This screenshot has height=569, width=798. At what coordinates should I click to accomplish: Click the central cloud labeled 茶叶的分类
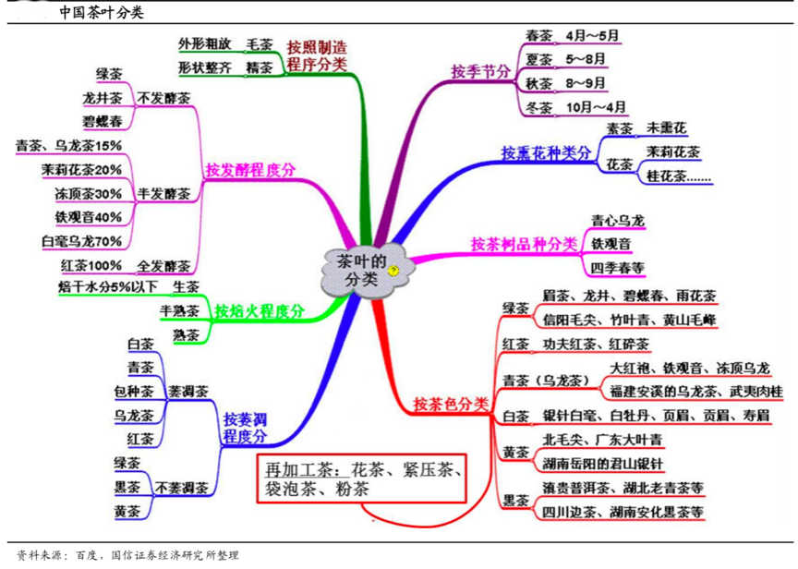[360, 269]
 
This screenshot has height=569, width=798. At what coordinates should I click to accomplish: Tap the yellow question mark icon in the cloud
[393, 271]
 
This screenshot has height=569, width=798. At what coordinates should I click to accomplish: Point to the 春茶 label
[538, 36]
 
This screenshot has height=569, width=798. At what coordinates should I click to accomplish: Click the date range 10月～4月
[597, 106]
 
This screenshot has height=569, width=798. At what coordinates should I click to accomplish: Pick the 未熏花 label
[666, 127]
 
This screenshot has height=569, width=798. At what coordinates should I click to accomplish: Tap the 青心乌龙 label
[618, 220]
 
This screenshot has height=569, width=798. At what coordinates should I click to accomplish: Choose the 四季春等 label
[618, 267]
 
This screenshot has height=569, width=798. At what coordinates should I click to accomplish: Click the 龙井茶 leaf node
[102, 97]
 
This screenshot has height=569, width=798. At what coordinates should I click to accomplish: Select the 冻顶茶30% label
[88, 193]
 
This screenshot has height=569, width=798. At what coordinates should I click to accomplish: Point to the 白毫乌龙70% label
[82, 241]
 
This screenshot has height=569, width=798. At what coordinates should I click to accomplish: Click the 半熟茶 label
[180, 311]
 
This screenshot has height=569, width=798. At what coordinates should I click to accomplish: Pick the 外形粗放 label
[199, 43]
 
